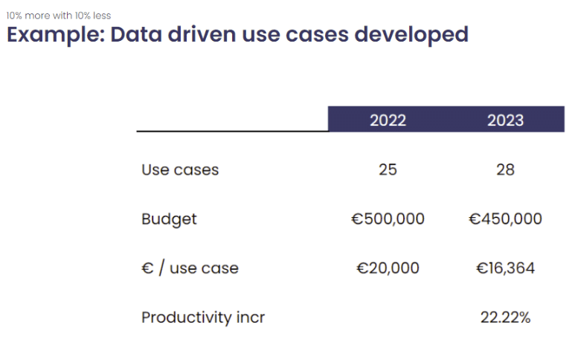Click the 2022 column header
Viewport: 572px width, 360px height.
click(388, 120)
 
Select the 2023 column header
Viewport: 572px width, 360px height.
click(505, 120)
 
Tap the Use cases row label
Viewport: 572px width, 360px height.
click(180, 170)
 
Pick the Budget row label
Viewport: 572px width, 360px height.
click(169, 219)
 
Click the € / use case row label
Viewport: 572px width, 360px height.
click(190, 268)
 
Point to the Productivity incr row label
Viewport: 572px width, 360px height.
click(203, 318)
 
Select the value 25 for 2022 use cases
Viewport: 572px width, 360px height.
click(388, 170)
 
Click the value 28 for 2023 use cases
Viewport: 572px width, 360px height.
click(505, 170)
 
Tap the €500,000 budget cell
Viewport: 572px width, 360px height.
click(388, 219)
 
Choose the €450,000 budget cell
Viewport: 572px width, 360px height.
click(505, 219)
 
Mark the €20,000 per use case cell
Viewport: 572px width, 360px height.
click(388, 268)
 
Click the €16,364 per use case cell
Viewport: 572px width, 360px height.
click(505, 268)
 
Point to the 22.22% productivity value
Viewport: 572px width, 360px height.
click(505, 318)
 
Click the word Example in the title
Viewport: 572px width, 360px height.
click(56, 36)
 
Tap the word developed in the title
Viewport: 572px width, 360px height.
click(411, 36)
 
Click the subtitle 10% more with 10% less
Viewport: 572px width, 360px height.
click(59, 16)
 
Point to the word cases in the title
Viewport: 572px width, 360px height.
click(317, 35)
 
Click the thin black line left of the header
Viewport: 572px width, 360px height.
click(232, 132)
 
